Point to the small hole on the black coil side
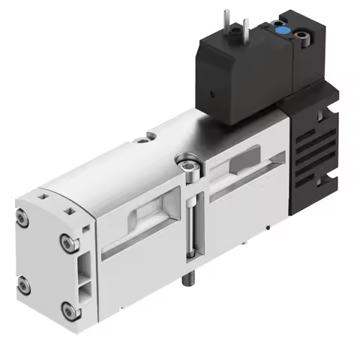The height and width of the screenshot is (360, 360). click(211, 95)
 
